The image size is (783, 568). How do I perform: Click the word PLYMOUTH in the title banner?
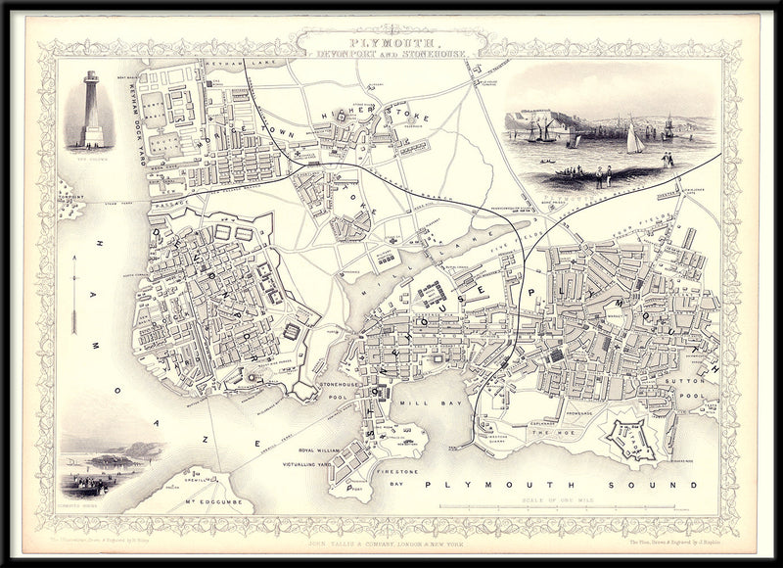point(390,44)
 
